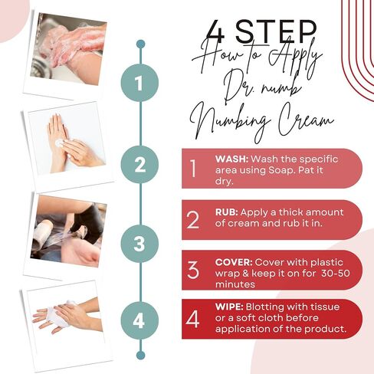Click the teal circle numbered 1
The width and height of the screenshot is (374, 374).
pos(139,83)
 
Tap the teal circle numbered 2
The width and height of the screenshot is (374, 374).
pos(139,165)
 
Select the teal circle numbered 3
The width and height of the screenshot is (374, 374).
pos(139,244)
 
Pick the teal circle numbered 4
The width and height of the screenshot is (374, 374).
pos(139,320)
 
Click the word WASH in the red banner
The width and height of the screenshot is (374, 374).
pos(231,159)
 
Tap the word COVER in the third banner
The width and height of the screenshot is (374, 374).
pos(234,262)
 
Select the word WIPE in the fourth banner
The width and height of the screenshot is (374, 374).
pos(229,307)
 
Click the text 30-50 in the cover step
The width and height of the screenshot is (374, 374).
pos(336,274)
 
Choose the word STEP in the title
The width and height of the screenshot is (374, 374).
pos(277,31)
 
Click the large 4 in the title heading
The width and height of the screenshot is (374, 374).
pos(215,31)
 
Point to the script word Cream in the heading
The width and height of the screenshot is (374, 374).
pos(306,122)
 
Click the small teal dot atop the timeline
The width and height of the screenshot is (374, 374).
pos(140,44)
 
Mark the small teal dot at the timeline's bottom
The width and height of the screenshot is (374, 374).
pos(140,356)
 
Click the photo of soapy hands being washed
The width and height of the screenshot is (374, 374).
pos(68,49)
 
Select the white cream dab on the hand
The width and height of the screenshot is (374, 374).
pos(59,143)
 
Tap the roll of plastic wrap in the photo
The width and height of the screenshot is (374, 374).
pos(42,234)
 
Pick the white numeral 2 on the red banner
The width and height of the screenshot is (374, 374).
pos(192,220)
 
